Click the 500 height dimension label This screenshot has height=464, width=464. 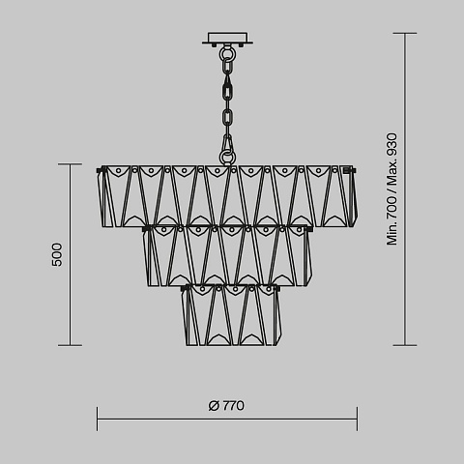tap(57, 254)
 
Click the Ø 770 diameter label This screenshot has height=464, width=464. tap(226, 405)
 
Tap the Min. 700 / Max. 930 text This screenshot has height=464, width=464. tap(392, 189)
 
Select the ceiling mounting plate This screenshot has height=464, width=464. tap(227, 38)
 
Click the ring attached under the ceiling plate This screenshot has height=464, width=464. tap(227, 53)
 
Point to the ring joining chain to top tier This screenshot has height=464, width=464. tap(227, 158)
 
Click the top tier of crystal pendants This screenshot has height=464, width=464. tap(227, 196)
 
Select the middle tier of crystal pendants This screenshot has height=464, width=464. tap(227, 256)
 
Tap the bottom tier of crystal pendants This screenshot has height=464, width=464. tap(231, 315)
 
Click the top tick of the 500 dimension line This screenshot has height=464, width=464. tap(70, 164)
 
